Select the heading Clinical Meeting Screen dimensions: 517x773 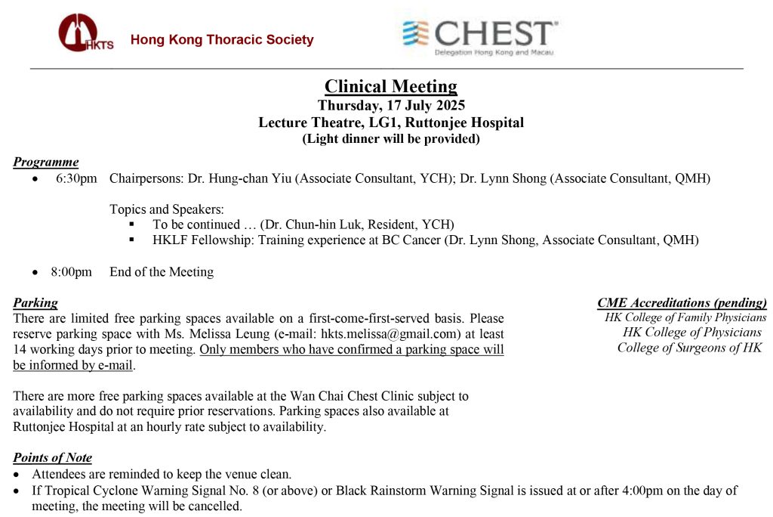click(390, 87)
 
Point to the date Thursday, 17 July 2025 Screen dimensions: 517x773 click(390, 106)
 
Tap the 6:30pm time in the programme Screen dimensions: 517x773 click(76, 179)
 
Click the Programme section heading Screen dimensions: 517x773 click(45, 162)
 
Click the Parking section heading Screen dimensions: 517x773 click(35, 303)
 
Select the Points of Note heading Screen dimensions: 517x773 click(52, 457)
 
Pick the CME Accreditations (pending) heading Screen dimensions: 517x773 click(682, 303)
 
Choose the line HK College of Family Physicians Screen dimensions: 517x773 click(685, 317)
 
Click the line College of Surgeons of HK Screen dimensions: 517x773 click(689, 348)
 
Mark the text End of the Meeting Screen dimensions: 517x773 click(162, 272)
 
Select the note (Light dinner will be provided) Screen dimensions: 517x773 click(390, 138)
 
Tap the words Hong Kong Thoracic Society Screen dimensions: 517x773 click(222, 40)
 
